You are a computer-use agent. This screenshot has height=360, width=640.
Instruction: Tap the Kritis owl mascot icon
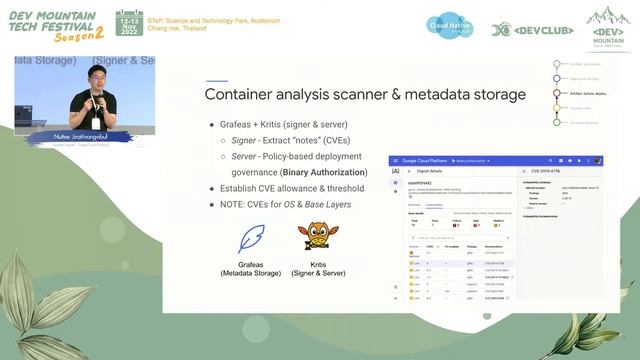click(x=313, y=240)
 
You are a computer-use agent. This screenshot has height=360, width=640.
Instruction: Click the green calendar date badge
click(x=129, y=25)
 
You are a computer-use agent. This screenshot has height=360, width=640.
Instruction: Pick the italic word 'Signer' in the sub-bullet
click(x=245, y=140)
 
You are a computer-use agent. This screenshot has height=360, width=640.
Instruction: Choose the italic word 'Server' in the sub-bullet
click(x=245, y=156)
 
